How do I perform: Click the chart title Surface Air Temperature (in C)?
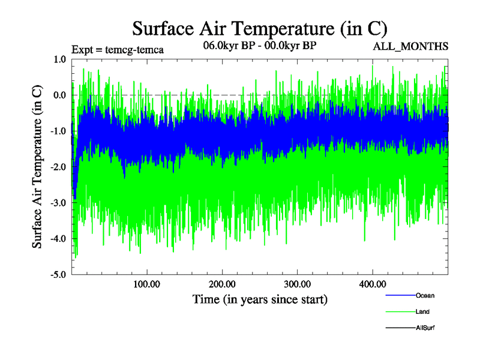click(259, 28)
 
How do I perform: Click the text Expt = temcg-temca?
click(117, 50)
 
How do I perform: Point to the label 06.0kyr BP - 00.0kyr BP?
click(260, 45)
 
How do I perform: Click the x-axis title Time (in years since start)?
click(260, 298)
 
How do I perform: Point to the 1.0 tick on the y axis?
click(59, 59)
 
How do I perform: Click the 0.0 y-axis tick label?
click(59, 95)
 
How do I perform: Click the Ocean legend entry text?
click(425, 296)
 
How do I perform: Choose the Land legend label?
click(422, 312)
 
